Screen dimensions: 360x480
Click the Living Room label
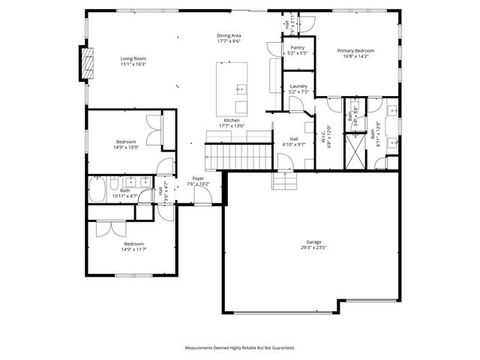[x=133, y=58]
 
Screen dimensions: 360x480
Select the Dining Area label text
[x=229, y=35]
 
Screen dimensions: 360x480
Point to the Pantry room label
[x=297, y=47]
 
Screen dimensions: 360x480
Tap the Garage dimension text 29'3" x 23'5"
[x=313, y=248]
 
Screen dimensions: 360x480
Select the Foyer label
[x=198, y=178]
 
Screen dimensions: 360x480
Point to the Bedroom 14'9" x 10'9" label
[x=125, y=142]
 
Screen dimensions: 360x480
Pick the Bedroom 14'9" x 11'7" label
[x=133, y=244]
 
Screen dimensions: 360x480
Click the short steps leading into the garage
[x=285, y=181]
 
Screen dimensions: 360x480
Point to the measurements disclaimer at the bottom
[x=240, y=347]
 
